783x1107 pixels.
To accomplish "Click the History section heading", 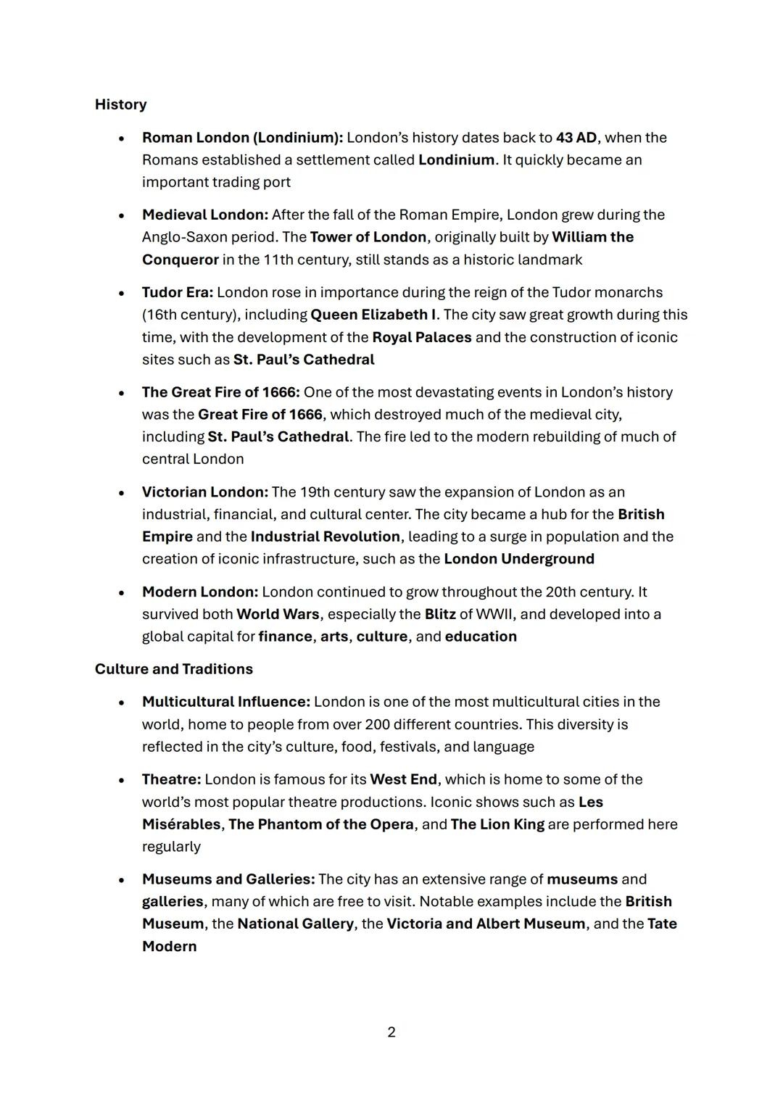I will (120, 104).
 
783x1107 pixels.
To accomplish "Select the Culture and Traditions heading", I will (173, 669).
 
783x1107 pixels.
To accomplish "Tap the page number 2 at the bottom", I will (391, 1032).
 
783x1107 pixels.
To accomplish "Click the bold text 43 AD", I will (576, 138).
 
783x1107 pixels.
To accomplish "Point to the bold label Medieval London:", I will (205, 215).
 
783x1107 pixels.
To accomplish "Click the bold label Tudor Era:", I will (178, 293).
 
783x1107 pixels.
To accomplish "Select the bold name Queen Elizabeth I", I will (373, 315).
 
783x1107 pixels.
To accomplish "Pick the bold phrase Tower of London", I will (368, 238).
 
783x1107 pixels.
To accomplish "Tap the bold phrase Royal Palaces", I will (422, 338).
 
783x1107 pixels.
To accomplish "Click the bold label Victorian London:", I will (205, 492).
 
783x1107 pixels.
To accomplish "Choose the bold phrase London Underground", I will (519, 559).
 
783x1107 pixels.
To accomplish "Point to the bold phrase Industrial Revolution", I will (326, 537).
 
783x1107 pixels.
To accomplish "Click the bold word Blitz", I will (440, 615).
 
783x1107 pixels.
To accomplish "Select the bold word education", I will (481, 637).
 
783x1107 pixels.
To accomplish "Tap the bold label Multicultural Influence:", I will (226, 702).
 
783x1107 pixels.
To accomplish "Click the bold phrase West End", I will (403, 780).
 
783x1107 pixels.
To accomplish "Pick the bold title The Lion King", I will (497, 825).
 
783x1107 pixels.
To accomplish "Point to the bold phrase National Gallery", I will (296, 924).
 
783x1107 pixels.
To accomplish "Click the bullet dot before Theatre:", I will (123, 781).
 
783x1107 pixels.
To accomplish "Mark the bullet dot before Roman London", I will (123, 138).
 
